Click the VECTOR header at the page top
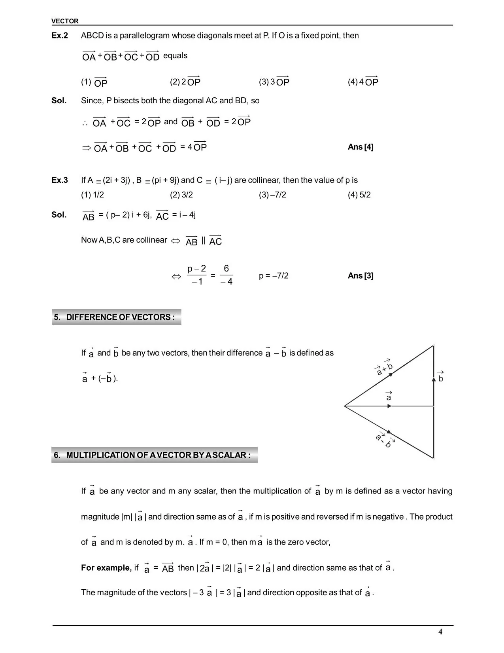pyautogui.click(x=65, y=21)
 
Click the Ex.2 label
pyautogui.click(x=60, y=36)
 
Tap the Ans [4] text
pyautogui.click(x=360, y=147)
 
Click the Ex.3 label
pyautogui.click(x=60, y=180)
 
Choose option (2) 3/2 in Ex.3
pyautogui.click(x=181, y=195)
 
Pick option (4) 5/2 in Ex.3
pyautogui.click(x=359, y=195)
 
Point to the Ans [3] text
pyautogui.click(x=360, y=275)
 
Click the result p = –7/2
pyautogui.click(x=274, y=275)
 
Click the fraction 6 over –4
pyautogui.click(x=227, y=275)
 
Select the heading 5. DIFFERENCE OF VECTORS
pyautogui.click(x=117, y=317)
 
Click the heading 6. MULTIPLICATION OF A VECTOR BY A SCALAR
pyautogui.click(x=154, y=455)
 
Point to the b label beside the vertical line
pyautogui.click(x=441, y=378)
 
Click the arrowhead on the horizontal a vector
pyautogui.click(x=389, y=406)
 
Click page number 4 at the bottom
pyautogui.click(x=440, y=632)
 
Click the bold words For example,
pyautogui.click(x=106, y=568)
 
